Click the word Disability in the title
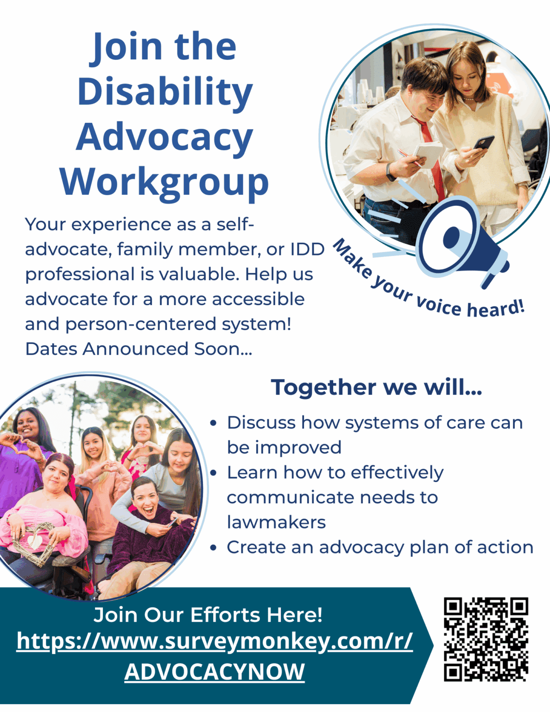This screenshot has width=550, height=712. pyautogui.click(x=165, y=91)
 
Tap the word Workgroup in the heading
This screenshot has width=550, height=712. pyautogui.click(x=164, y=182)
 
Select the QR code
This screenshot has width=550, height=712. pyautogui.click(x=486, y=639)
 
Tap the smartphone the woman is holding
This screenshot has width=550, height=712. pyautogui.click(x=483, y=142)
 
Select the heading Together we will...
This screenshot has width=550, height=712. pyautogui.click(x=376, y=387)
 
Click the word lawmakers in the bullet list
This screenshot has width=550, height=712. pyautogui.click(x=276, y=522)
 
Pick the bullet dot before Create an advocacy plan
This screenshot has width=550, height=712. pyautogui.click(x=213, y=548)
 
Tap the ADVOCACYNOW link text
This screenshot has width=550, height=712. pyautogui.click(x=215, y=672)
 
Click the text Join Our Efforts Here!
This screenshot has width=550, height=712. pyautogui.click(x=208, y=615)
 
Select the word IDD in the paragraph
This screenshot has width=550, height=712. pyautogui.click(x=307, y=249)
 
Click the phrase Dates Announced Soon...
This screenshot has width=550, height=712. pyautogui.click(x=139, y=349)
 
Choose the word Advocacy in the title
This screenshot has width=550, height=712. pyautogui.click(x=164, y=137)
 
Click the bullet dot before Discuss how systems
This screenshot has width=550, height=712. pyautogui.click(x=213, y=423)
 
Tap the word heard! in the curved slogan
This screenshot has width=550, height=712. pyautogui.click(x=496, y=308)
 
